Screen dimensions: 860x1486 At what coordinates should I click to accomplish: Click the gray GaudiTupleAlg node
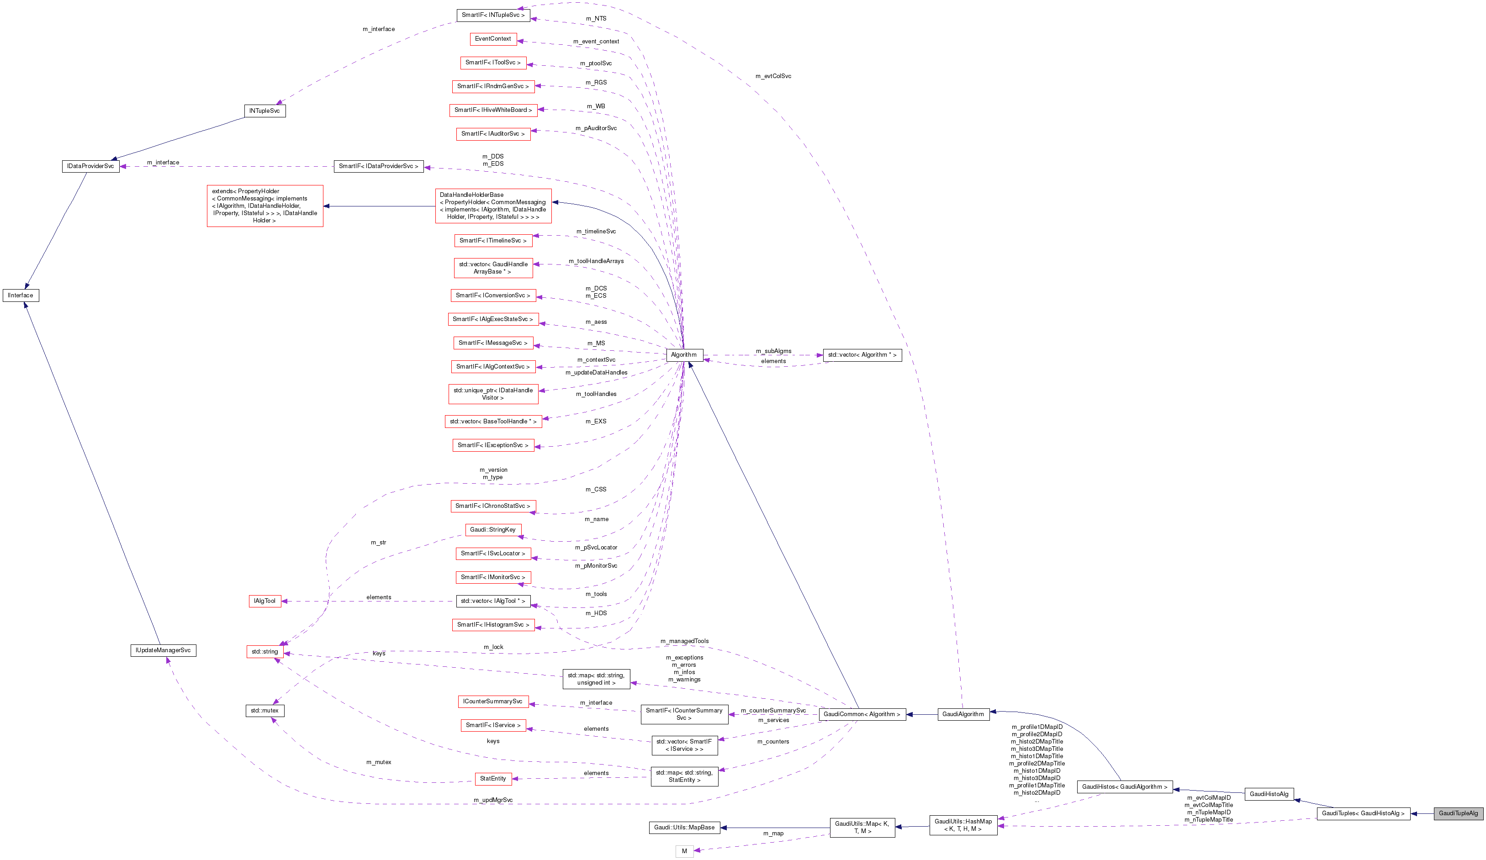click(x=1458, y=813)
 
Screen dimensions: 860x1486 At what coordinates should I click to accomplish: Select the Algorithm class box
click(x=684, y=355)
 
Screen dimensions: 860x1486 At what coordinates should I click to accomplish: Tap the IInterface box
click(x=21, y=295)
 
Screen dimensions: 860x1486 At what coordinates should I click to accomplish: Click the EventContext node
click(x=493, y=39)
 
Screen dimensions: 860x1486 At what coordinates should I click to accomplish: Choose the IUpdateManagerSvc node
click(x=163, y=651)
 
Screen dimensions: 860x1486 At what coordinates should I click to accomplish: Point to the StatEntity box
click(x=493, y=779)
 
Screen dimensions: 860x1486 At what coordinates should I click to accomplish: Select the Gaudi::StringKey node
click(x=493, y=530)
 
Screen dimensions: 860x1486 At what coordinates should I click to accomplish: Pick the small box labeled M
click(x=684, y=851)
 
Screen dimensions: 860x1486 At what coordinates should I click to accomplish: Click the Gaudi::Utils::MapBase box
click(x=684, y=828)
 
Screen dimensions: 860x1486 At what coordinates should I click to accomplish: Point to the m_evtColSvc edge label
click(x=773, y=76)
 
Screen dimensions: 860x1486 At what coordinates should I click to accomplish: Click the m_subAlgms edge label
click(x=774, y=351)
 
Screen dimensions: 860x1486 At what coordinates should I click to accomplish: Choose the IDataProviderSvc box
click(x=90, y=166)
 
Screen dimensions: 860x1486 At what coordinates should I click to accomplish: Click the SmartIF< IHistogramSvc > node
click(x=493, y=625)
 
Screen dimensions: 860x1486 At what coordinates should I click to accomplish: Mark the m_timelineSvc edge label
click(x=596, y=232)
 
